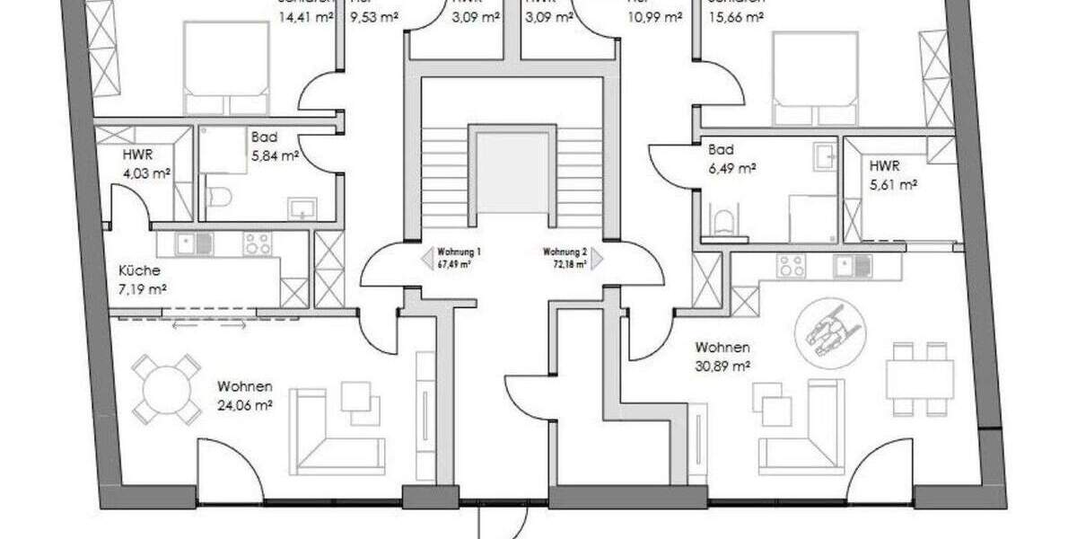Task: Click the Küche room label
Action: point(139,269)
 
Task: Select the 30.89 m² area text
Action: point(723,366)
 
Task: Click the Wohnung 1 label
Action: point(459,252)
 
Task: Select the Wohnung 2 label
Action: point(565,252)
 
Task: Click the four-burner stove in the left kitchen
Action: point(258,243)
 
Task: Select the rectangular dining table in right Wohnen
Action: point(921,379)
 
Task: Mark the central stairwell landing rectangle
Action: point(512,172)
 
